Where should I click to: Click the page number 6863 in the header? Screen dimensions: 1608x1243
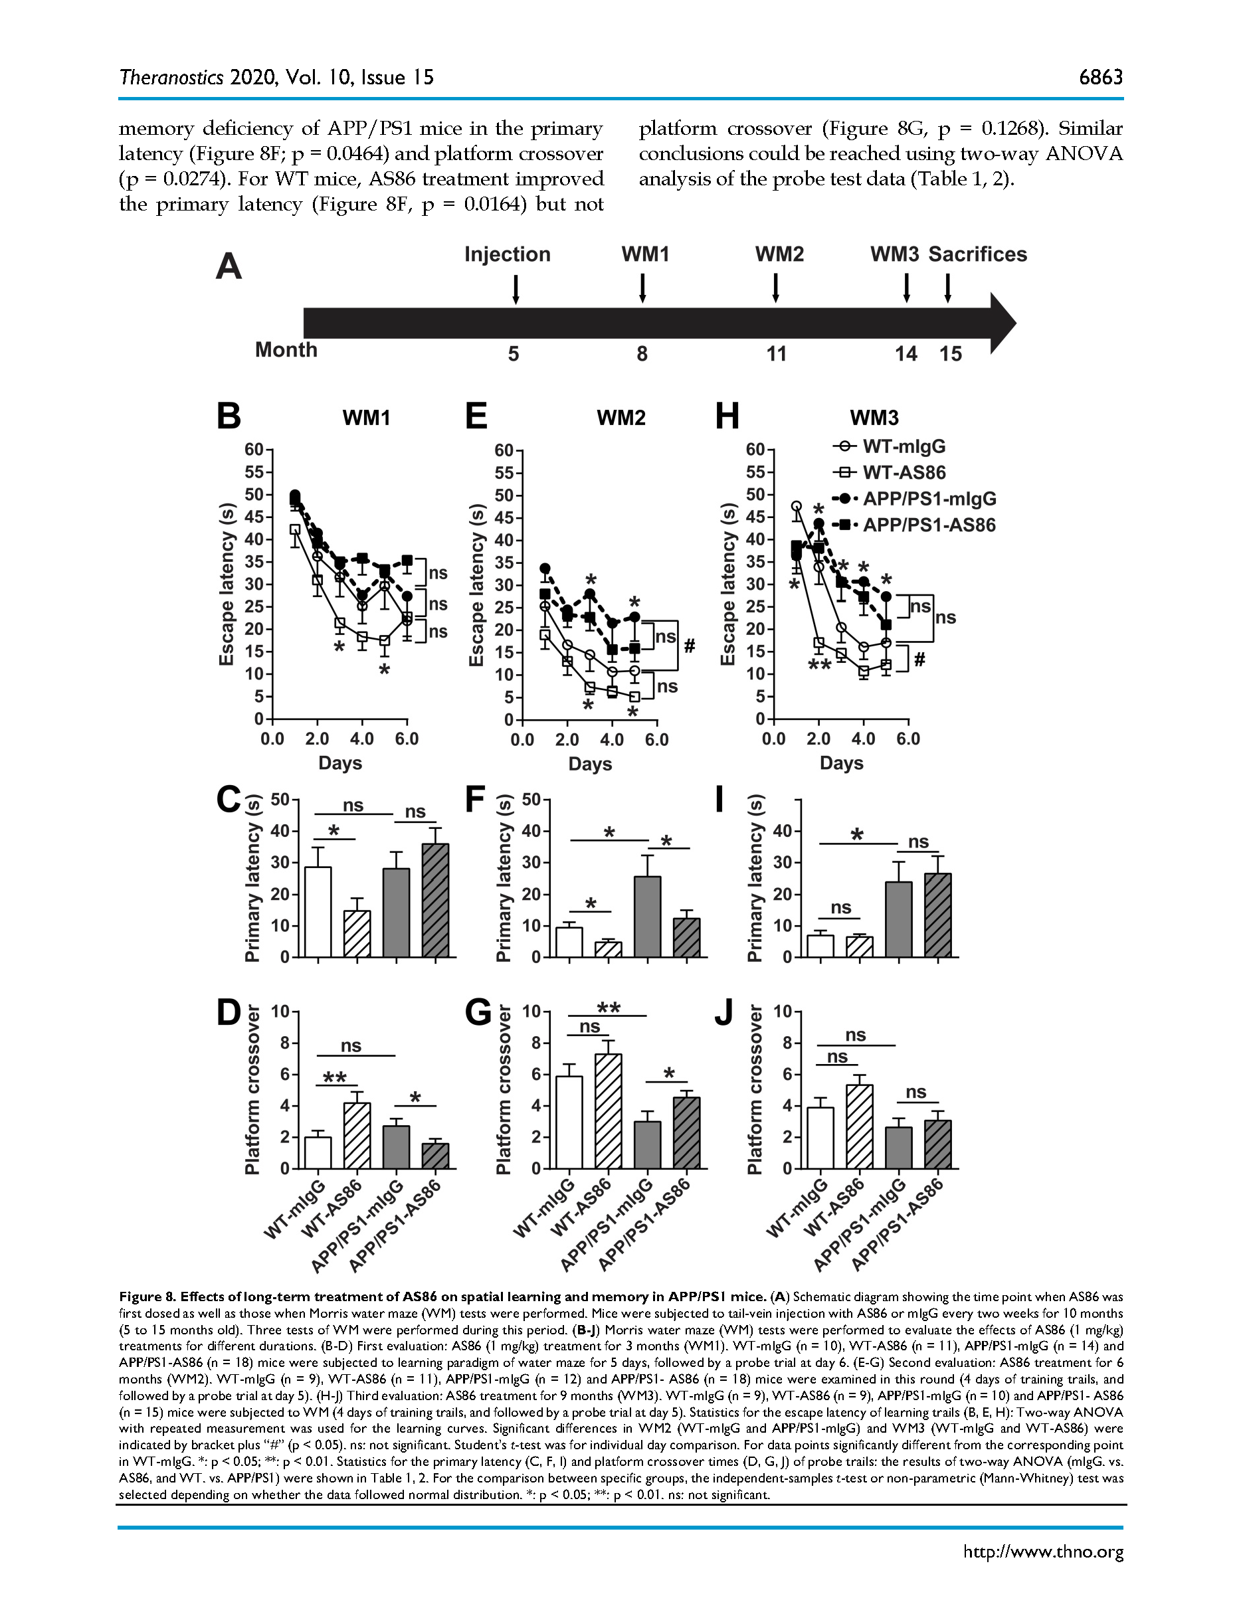pyautogui.click(x=1100, y=77)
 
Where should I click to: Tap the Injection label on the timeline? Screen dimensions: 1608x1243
pyautogui.click(x=508, y=255)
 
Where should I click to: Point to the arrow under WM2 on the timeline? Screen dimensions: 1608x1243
pyautogui.click(x=775, y=287)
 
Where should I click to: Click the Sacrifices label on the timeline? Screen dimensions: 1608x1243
pyautogui.click(x=977, y=255)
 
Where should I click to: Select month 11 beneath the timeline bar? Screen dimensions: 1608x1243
pyautogui.click(x=776, y=354)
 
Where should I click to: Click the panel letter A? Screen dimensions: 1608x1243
pyautogui.click(x=229, y=266)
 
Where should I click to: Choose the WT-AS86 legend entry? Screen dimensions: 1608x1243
pyautogui.click(x=904, y=473)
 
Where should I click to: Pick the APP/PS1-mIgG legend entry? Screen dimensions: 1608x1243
pyautogui.click(x=929, y=498)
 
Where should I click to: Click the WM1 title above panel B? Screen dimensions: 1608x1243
pyautogui.click(x=366, y=418)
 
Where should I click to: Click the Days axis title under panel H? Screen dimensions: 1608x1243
pyautogui.click(x=841, y=764)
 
